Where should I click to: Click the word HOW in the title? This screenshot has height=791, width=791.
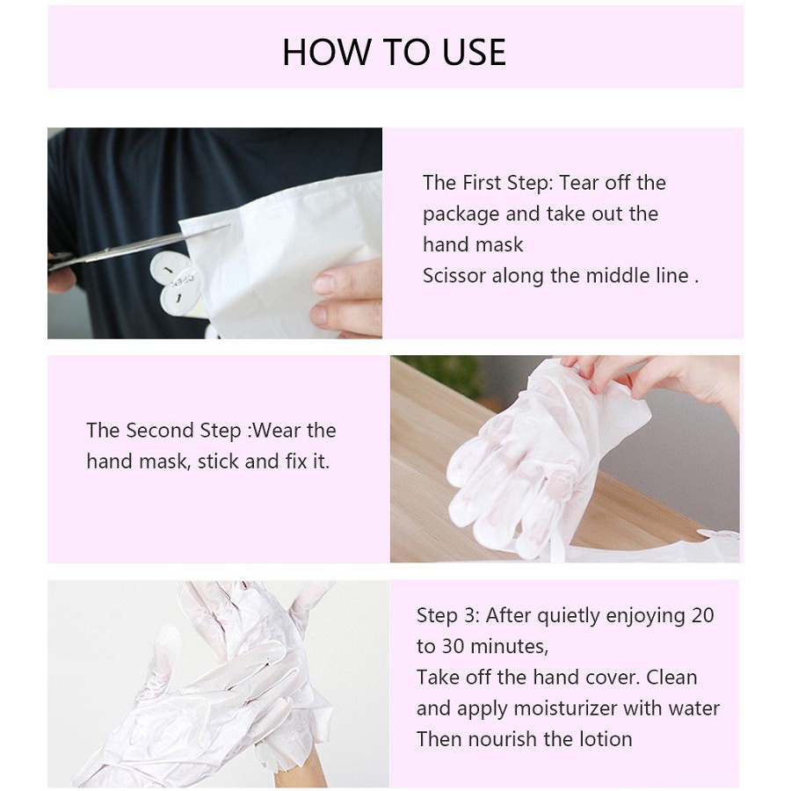click(x=326, y=52)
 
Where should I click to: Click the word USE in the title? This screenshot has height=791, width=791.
click(x=475, y=52)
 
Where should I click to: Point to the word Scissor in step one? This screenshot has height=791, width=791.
click(x=454, y=275)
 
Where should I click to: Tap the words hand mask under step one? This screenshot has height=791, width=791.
click(x=473, y=244)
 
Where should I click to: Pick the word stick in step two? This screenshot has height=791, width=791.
click(x=217, y=461)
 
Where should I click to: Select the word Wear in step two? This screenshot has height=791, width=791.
click(x=277, y=431)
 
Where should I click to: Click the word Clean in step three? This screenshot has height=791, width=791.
click(x=671, y=677)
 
